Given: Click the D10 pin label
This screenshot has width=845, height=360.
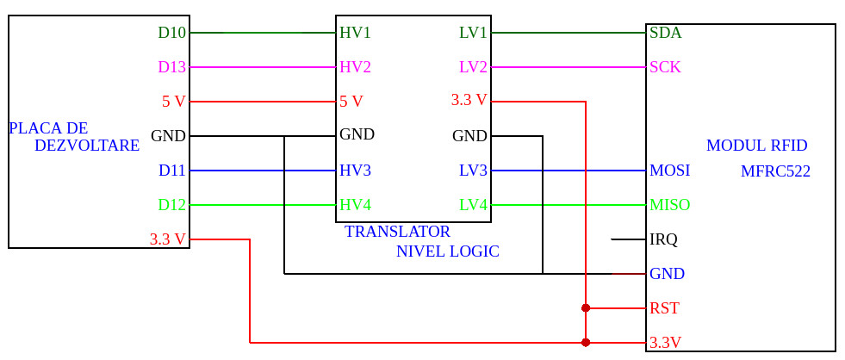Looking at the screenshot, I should tap(171, 33).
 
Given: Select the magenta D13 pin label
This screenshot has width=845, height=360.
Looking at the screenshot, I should tap(171, 67).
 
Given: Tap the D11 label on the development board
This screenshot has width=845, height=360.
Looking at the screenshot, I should tap(171, 171).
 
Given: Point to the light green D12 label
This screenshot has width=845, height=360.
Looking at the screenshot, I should tap(171, 205).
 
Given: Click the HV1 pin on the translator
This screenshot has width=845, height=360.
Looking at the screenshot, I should tap(355, 33).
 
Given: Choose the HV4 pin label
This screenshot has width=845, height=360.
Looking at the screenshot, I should tap(355, 205).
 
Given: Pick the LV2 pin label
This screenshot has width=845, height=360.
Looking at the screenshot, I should tap(473, 67).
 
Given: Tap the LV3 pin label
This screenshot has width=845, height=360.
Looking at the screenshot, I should tap(473, 171).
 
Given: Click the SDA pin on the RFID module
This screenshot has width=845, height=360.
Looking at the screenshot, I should tap(665, 33).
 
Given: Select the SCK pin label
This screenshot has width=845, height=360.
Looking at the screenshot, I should tap(665, 67).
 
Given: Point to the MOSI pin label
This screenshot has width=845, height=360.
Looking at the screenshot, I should tap(669, 171).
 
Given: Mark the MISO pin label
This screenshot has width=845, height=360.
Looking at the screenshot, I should tap(669, 205).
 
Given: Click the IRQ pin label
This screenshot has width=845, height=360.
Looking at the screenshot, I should tap(663, 239).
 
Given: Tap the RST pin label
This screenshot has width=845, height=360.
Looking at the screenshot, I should tap(664, 308).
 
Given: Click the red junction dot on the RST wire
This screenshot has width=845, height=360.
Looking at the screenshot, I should tap(586, 307).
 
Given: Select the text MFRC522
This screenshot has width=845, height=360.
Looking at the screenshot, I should tap(775, 171).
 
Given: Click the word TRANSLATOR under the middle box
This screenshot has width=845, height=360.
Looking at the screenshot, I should tap(397, 232).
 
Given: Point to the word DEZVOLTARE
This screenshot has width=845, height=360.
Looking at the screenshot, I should tap(87, 146).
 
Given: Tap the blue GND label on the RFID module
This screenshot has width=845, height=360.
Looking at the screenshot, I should tap(667, 274).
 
